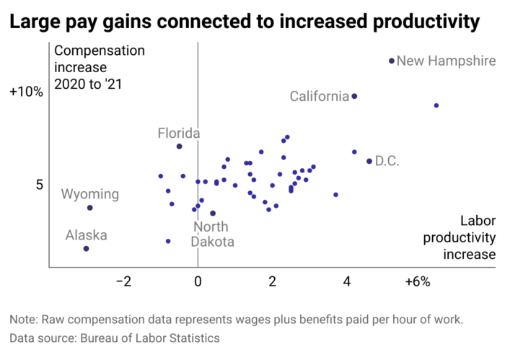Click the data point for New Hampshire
[x=392, y=61]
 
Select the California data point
[x=354, y=96]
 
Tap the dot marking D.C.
[x=369, y=161]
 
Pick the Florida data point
[x=179, y=146]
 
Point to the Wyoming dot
[x=90, y=208]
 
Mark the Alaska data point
[x=86, y=249]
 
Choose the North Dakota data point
[x=213, y=214]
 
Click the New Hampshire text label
[x=446, y=61]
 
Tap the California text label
[x=319, y=96]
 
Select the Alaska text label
[x=87, y=235]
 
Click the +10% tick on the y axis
[x=26, y=92]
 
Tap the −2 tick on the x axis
[x=123, y=281]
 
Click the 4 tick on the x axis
[x=347, y=281]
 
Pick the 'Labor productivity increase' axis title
[x=468, y=238]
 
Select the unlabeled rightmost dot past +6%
[x=436, y=105]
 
